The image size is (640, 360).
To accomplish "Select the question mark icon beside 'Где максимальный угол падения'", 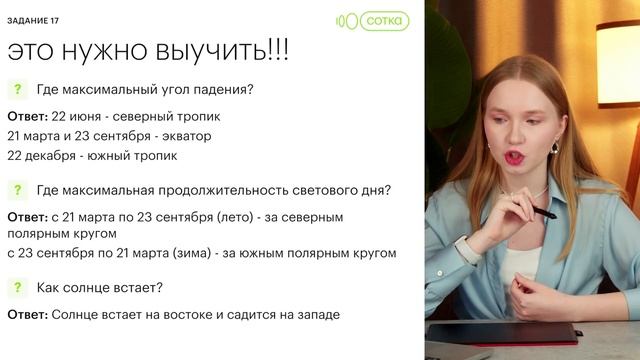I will (17, 89).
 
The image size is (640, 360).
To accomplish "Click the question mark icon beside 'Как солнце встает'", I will (17, 288).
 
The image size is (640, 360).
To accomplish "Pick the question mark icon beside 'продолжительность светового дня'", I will (17, 190).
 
